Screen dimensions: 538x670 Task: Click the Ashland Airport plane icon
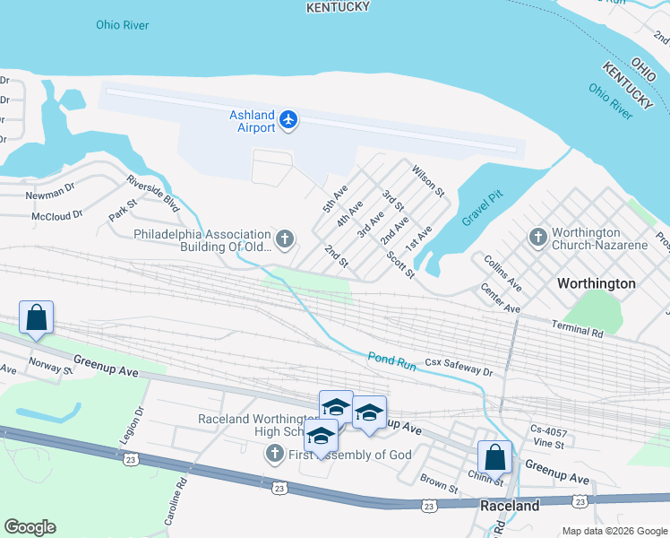pyautogui.click(x=288, y=119)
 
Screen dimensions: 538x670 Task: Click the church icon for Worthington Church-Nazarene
pyautogui.click(x=537, y=237)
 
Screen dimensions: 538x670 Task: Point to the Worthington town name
pyautogui.click(x=596, y=283)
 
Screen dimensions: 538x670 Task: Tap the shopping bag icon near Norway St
pyautogui.click(x=36, y=318)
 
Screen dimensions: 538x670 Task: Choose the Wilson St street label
pyautogui.click(x=428, y=180)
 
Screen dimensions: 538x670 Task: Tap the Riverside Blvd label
pyautogui.click(x=153, y=192)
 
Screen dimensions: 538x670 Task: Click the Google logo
pyautogui.click(x=30, y=527)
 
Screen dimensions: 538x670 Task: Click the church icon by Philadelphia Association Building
pyautogui.click(x=284, y=239)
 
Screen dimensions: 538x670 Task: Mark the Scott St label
pyautogui.click(x=400, y=265)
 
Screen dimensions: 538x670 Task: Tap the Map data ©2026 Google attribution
pyautogui.click(x=614, y=531)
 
